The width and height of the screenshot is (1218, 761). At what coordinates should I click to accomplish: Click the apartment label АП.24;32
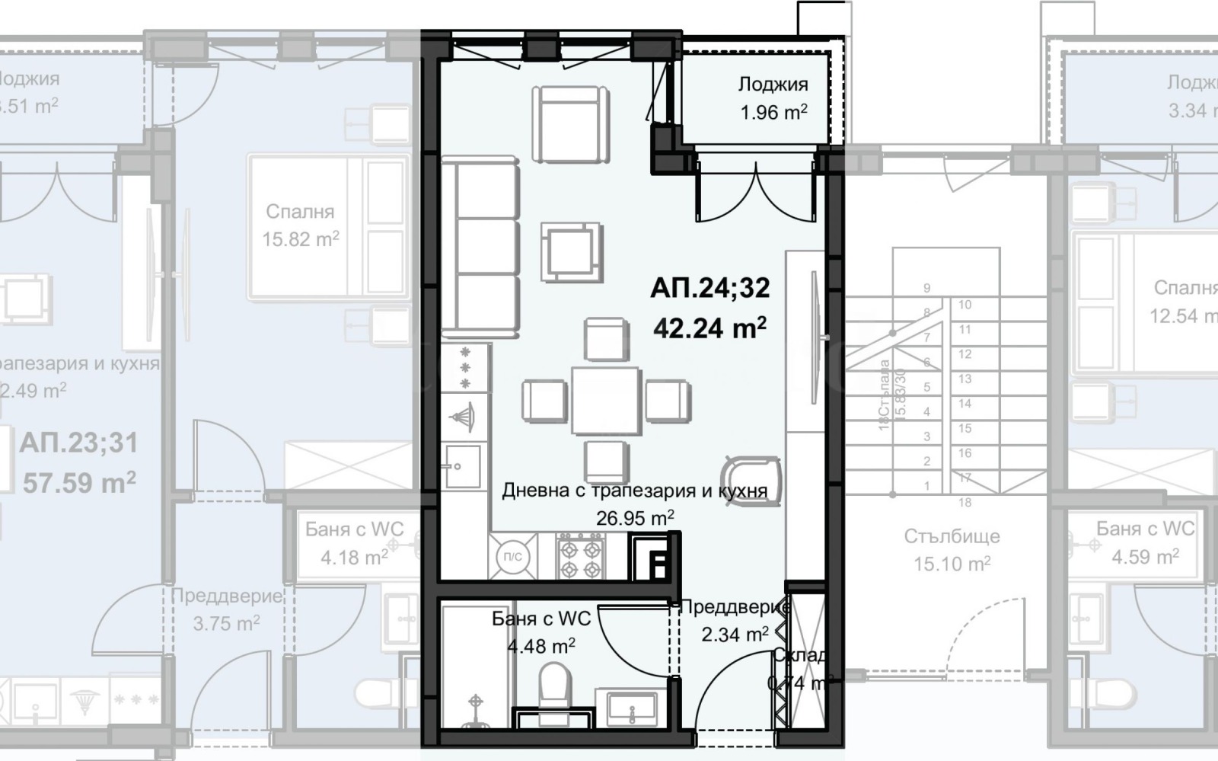709,288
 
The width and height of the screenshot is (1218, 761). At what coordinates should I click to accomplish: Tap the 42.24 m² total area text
709,328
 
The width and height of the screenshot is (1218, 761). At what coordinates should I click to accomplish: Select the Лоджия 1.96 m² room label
773,98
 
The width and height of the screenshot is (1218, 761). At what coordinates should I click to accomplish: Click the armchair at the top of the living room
570,122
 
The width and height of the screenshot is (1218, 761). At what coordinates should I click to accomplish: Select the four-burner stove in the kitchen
582,557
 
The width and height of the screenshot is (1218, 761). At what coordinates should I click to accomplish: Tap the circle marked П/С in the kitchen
513,557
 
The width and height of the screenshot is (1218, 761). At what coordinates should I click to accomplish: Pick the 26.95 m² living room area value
634,519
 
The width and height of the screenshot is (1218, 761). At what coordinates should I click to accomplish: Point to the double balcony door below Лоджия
755,190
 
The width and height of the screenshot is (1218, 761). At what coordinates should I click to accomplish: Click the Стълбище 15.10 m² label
952,549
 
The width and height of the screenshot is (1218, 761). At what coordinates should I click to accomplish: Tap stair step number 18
965,502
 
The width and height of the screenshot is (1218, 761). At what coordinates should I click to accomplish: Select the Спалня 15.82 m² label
300,225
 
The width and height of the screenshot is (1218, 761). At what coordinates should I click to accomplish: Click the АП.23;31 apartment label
79,443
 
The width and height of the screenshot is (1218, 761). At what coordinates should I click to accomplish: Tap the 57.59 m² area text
79,482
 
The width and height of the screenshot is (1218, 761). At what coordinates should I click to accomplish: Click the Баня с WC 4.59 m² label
1145,542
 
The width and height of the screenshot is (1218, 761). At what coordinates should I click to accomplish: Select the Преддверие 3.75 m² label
226,609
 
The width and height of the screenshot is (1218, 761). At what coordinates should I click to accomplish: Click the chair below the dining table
607,462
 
